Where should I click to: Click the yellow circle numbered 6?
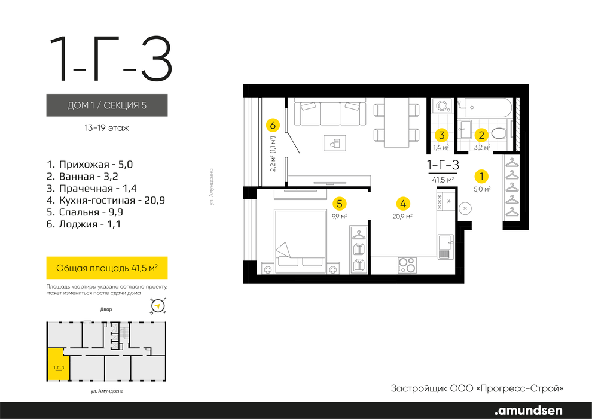[x=273, y=125]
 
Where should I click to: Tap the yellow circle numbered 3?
[x=441, y=135]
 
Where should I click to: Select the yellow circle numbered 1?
[x=481, y=176]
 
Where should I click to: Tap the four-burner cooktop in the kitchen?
[x=407, y=265]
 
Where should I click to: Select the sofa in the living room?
[x=329, y=111]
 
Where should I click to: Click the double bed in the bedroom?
[x=301, y=241]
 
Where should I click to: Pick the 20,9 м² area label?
[x=402, y=217]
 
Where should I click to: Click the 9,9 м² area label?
[x=340, y=217]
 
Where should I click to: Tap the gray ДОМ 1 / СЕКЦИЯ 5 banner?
[x=107, y=105]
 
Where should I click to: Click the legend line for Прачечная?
[x=91, y=188]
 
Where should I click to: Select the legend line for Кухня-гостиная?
[x=106, y=201]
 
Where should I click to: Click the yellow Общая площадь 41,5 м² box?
[x=107, y=268]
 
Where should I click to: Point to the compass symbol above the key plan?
[x=158, y=306]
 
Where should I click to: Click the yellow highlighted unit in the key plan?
[x=58, y=365]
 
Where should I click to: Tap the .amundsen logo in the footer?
[x=528, y=410]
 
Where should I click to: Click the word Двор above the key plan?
[x=106, y=309]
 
